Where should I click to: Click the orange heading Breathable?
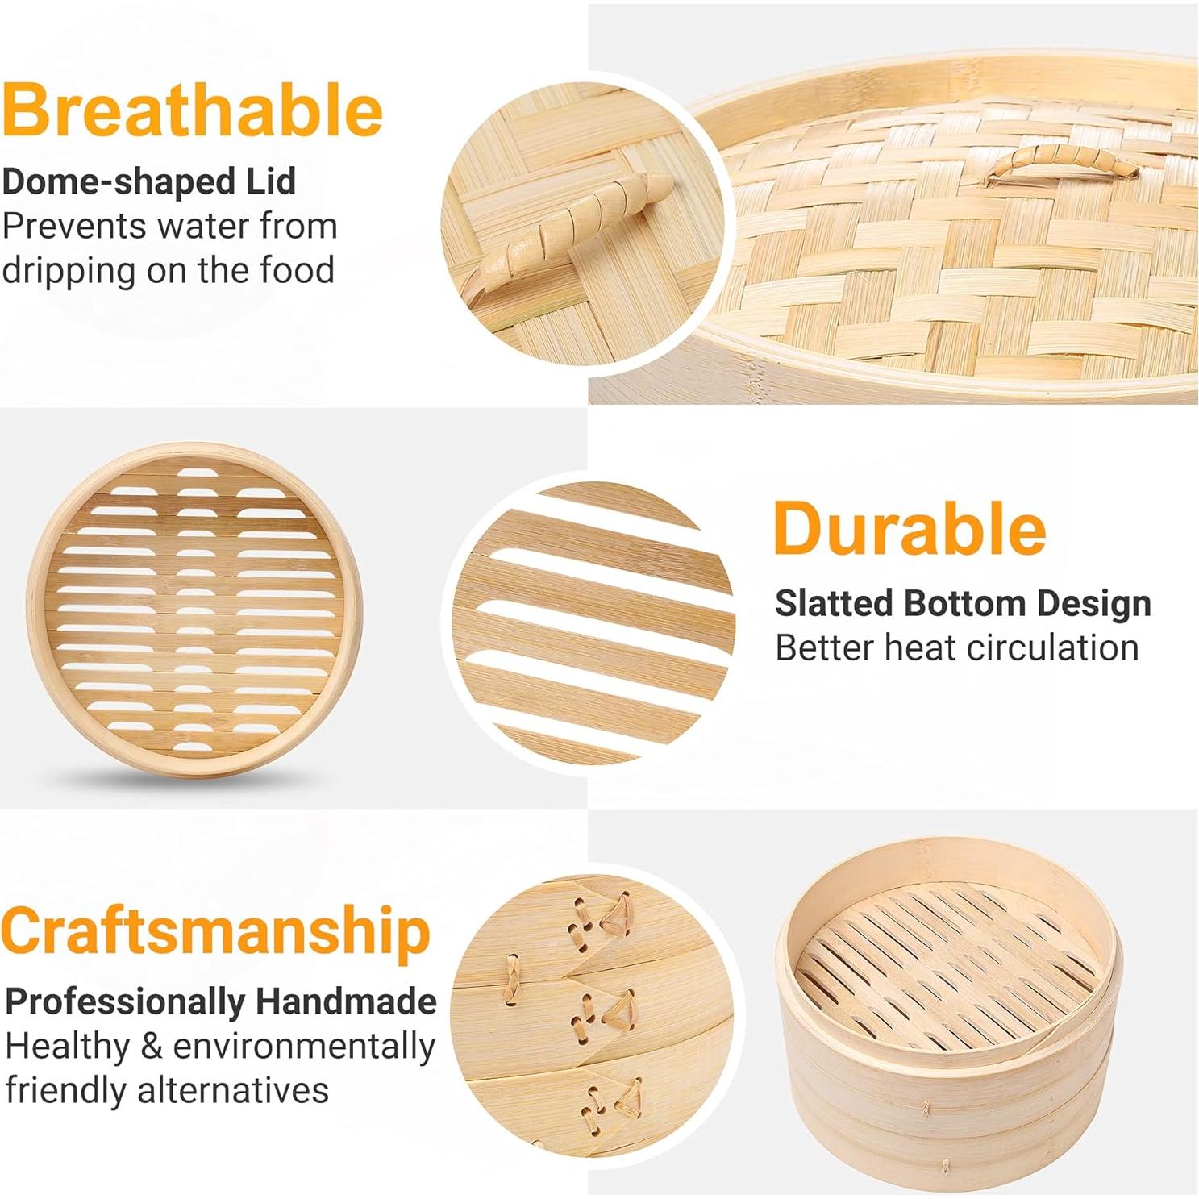[192, 111]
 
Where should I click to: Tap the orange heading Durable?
[910, 529]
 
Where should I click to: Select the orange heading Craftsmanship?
[215, 930]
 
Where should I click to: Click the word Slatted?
[834, 603]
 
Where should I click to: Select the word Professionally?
[125, 1001]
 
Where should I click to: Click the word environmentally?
[304, 1046]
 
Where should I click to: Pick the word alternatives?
[233, 1090]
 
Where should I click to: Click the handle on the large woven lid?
[1062, 160]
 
